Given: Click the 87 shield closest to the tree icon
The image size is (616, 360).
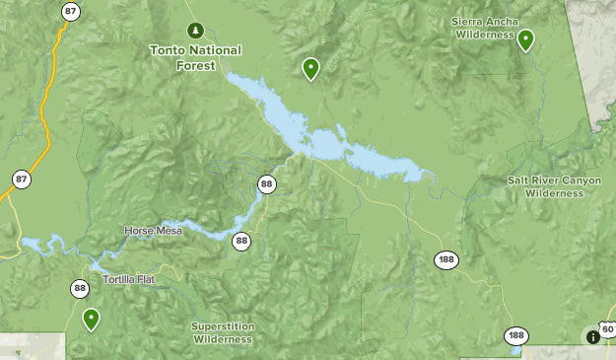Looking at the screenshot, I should coord(69,12).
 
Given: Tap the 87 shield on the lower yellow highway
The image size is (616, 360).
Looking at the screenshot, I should coord(21,179).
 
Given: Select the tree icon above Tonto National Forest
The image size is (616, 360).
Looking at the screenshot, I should coord(195,29).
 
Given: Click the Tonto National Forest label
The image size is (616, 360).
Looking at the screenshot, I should coord(195,58).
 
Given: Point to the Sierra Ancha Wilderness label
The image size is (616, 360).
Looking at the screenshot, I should coord(485,28).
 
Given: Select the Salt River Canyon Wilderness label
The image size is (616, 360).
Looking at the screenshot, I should coord(554,186).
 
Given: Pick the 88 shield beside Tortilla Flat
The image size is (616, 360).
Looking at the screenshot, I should coord(79,288).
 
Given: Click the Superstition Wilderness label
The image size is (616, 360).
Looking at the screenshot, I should coord(223,332).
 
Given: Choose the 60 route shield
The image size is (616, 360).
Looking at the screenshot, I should coord(607,329).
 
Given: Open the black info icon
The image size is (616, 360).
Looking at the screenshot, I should coord(593,336).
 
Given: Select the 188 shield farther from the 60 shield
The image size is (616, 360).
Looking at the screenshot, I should coord(445,259).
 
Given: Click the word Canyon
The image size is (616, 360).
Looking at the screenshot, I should coord(580,180).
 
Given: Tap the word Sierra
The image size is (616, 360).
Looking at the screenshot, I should coord(469,21).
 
